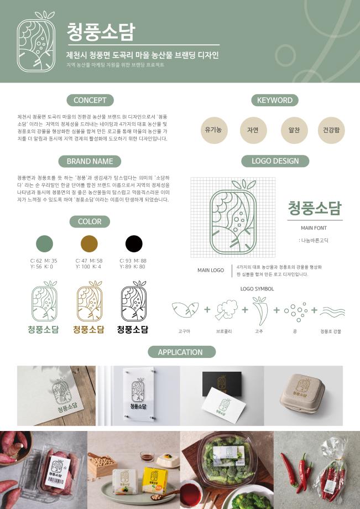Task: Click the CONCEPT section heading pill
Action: click(x=90, y=100)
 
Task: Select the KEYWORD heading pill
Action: click(x=275, y=100)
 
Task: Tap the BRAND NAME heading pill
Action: click(x=90, y=161)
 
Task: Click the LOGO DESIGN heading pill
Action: click(x=275, y=161)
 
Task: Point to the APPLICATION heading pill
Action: click(x=181, y=352)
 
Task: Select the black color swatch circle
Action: click(x=134, y=243)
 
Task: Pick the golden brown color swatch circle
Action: click(x=89, y=243)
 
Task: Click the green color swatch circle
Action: click(x=44, y=243)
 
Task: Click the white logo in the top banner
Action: click(x=36, y=42)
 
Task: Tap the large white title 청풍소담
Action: click(x=101, y=32)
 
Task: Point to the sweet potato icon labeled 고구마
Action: click(x=184, y=310)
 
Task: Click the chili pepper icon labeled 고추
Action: click(x=259, y=310)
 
